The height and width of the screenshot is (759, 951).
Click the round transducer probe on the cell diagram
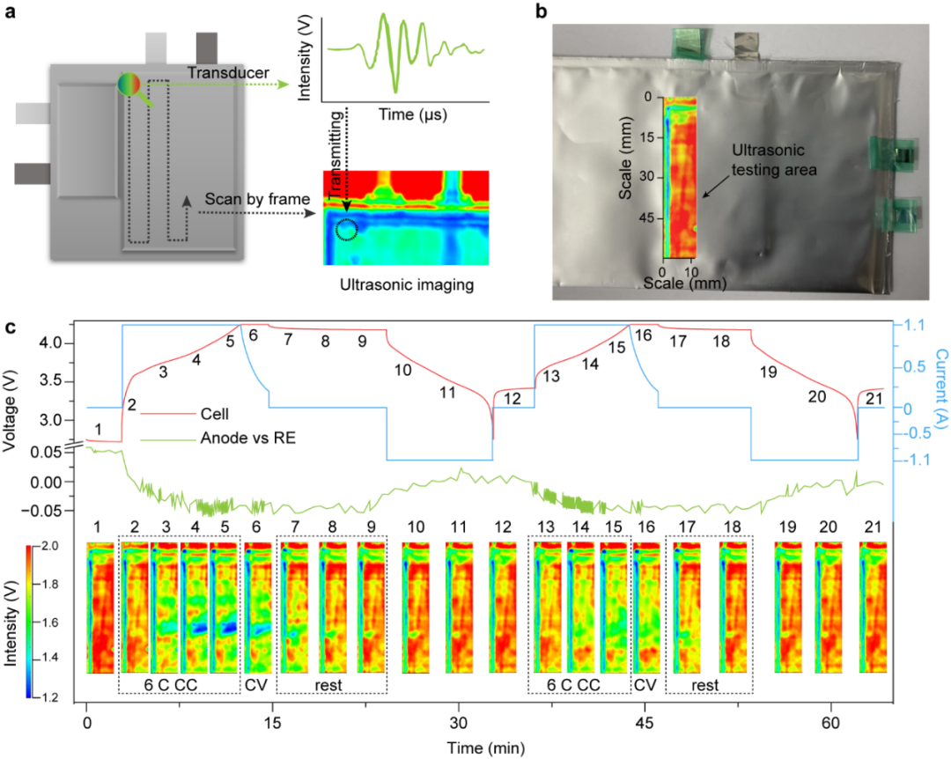[x=130, y=85]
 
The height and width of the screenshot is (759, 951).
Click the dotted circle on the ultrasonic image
[x=346, y=230]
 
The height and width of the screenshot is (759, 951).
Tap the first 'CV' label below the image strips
[x=255, y=684]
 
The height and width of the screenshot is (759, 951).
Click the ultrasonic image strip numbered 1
[x=100, y=608]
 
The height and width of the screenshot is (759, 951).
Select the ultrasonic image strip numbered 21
[x=874, y=608]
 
